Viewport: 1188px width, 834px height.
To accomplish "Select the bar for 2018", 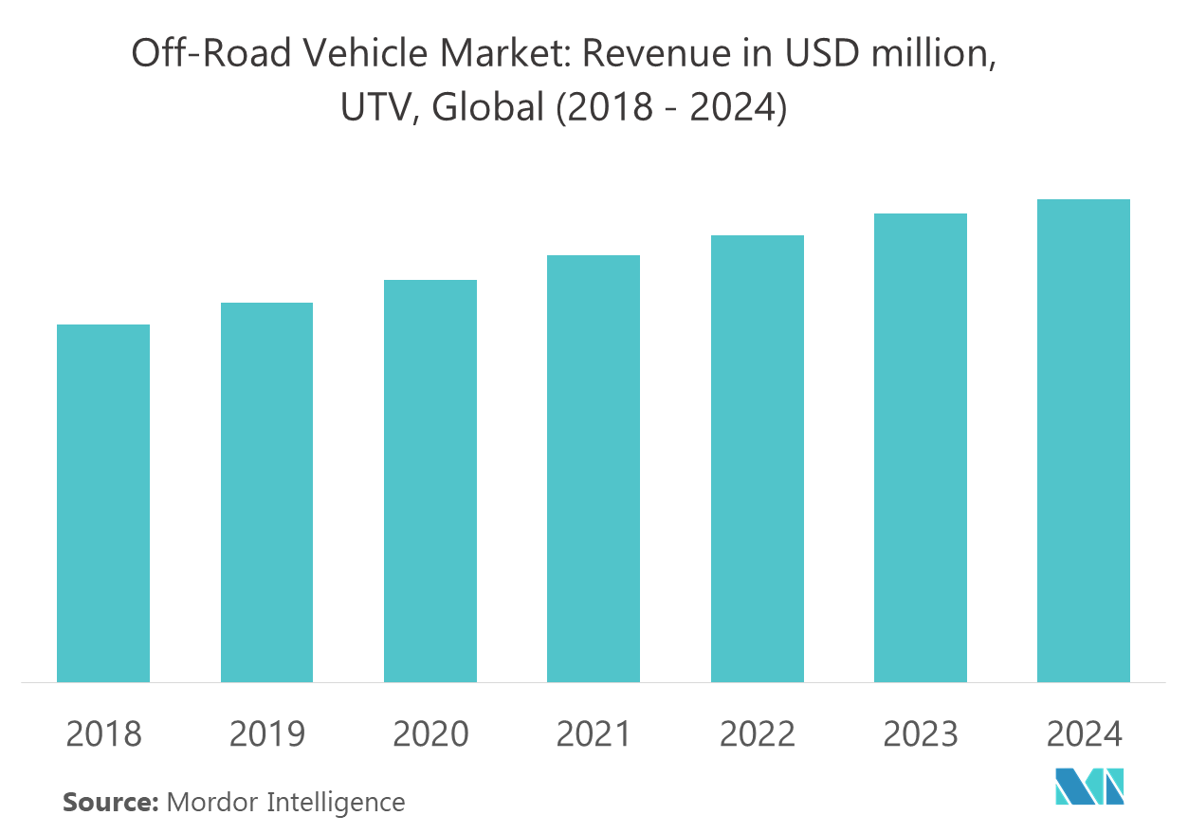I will (103, 503).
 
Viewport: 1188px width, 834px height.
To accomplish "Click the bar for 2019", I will (266, 492).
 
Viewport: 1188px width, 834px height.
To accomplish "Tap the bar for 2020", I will (430, 481).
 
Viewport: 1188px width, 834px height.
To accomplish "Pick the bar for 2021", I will (594, 469).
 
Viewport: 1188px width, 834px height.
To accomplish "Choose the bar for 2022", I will (758, 458).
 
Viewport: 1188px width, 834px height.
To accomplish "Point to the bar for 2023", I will (921, 448).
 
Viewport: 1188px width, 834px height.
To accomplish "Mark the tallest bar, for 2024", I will (1084, 440).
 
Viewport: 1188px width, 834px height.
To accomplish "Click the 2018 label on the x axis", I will (103, 734).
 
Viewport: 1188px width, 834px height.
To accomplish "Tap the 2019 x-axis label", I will (266, 734).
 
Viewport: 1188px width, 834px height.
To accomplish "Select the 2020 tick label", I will (430, 734).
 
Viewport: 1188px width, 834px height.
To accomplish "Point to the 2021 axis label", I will (594, 734).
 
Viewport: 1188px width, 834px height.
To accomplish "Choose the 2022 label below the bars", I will (758, 734).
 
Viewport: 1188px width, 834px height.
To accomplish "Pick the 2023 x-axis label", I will (921, 734).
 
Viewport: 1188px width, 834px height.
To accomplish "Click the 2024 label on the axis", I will (1084, 734).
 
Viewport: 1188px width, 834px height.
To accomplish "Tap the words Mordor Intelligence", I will (286, 803).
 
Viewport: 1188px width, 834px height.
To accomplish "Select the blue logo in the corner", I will (1090, 786).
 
